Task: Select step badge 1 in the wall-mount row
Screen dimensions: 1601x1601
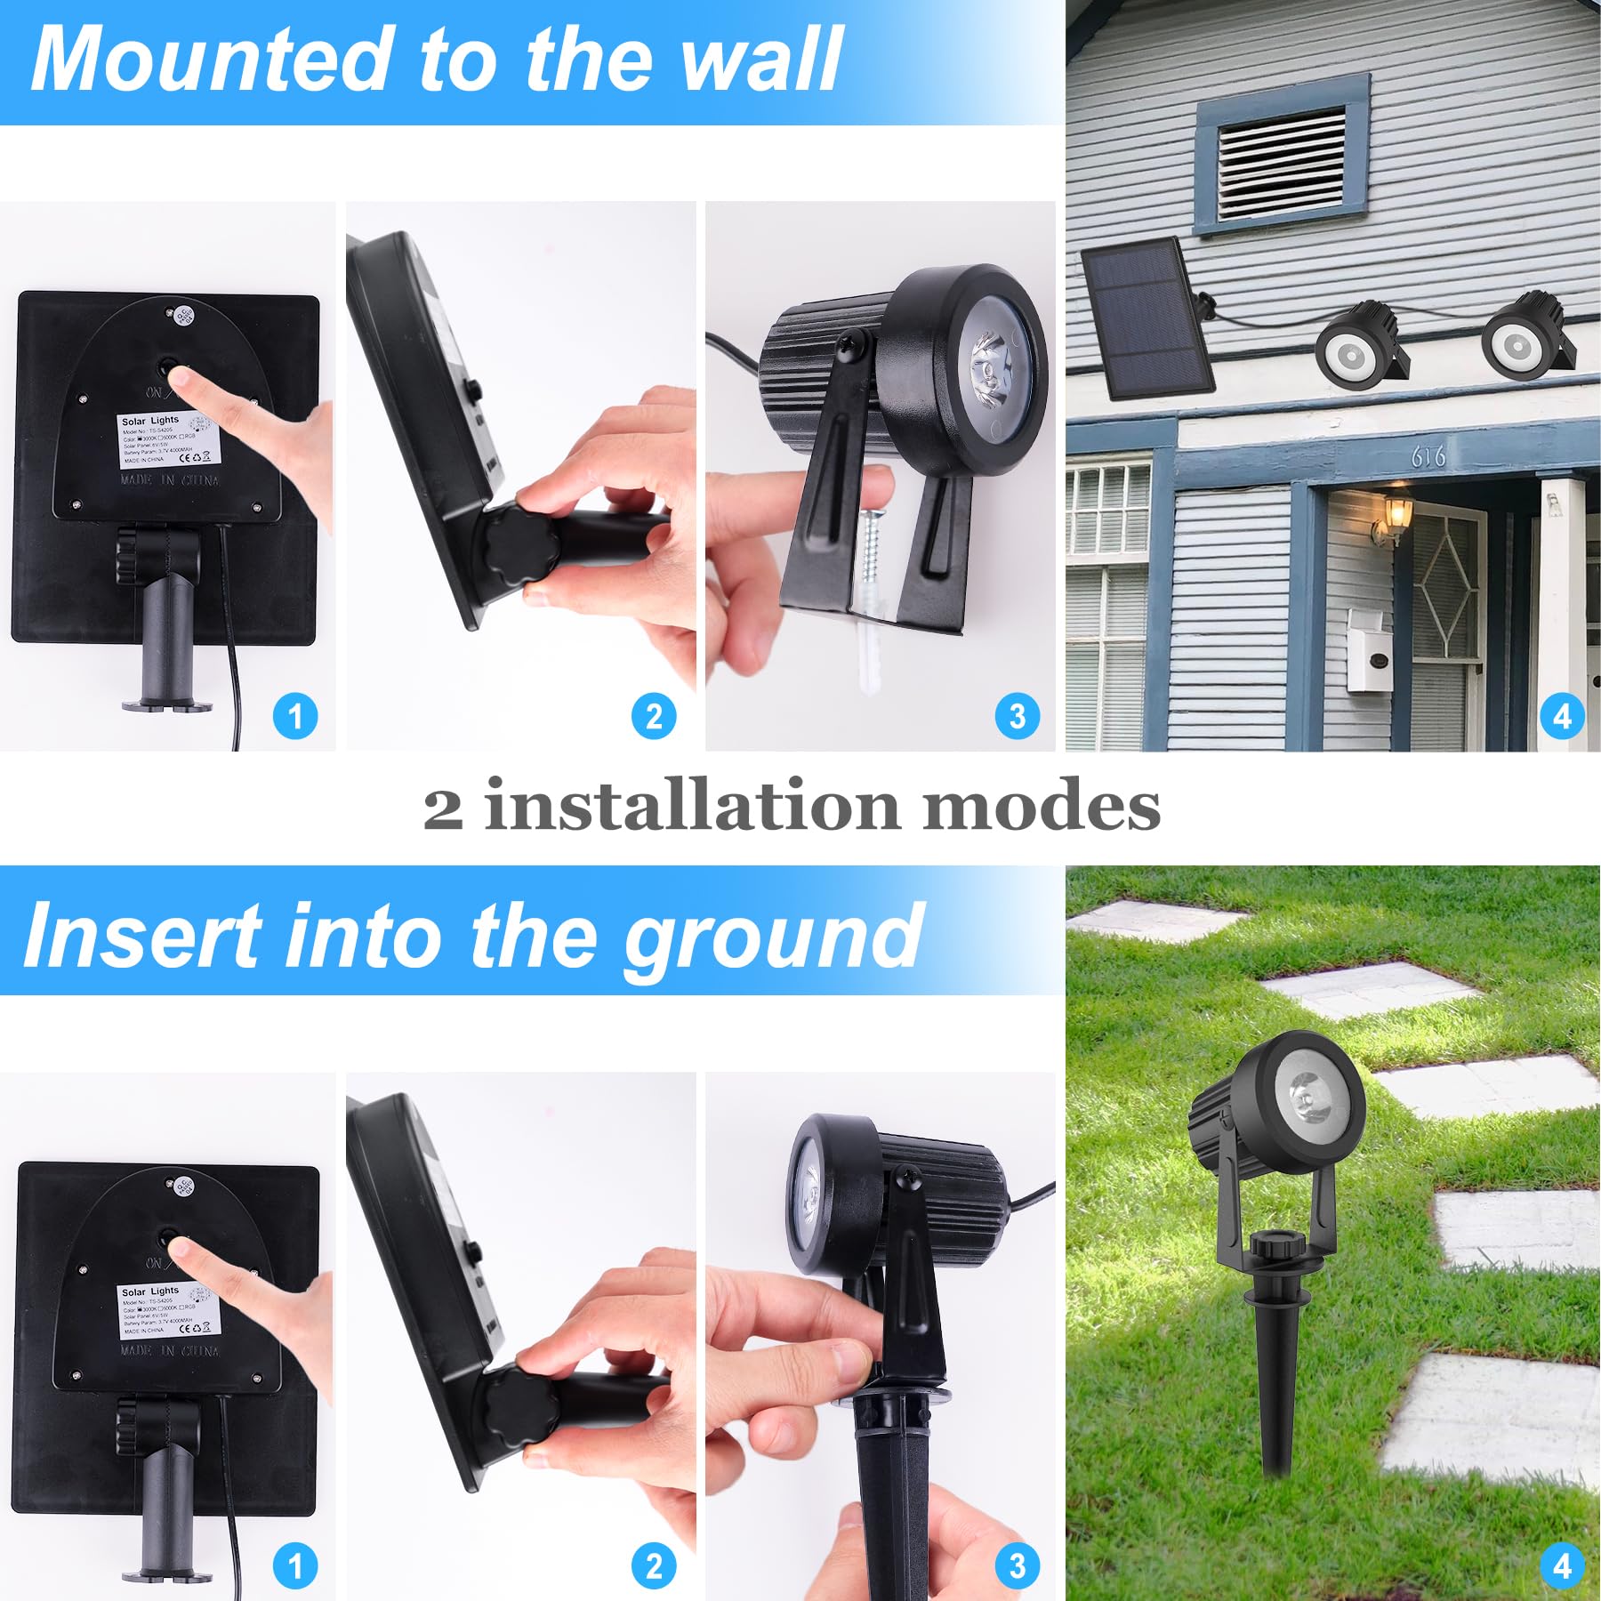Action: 295,717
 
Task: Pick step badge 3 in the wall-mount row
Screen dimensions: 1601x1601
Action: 1018,717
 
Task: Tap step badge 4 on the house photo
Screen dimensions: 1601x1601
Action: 1563,717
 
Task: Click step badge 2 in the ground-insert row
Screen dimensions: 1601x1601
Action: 654,1566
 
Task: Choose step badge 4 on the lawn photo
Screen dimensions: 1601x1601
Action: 1563,1566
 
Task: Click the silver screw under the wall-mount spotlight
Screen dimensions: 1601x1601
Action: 871,552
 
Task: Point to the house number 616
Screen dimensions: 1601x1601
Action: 1428,456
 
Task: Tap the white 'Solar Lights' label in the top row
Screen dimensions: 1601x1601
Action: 169,441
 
